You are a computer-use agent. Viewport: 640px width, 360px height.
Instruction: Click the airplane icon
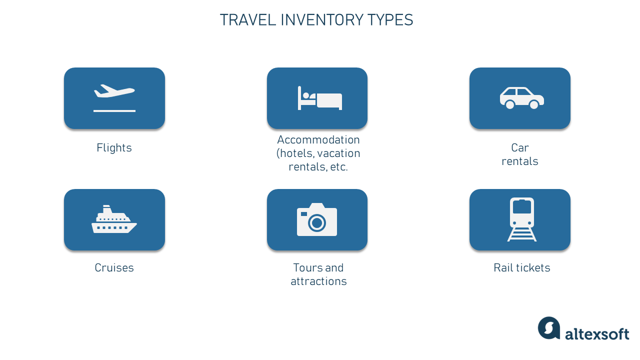pos(114,91)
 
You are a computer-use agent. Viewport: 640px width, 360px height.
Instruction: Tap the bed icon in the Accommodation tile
pos(320,98)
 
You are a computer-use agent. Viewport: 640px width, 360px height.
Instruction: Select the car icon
pos(521,98)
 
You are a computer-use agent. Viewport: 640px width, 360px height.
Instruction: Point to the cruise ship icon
pos(114,219)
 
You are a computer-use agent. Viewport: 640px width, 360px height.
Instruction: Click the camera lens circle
pos(316,222)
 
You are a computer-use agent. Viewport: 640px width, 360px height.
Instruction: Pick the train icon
pos(522,219)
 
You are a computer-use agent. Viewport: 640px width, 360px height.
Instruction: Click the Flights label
pos(114,148)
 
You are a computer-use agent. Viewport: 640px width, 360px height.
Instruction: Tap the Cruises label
pos(114,268)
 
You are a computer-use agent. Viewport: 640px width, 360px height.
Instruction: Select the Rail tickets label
pos(521,268)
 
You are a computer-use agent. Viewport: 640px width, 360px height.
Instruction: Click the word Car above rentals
pos(520,148)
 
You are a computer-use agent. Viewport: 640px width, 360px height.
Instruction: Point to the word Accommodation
pos(318,139)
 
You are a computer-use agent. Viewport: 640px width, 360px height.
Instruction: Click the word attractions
pos(318,281)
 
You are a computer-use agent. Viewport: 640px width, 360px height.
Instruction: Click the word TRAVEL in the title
pos(248,20)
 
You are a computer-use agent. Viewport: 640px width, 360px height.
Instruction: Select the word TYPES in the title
pos(390,20)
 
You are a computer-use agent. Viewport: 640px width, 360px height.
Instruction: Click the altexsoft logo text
pos(597,333)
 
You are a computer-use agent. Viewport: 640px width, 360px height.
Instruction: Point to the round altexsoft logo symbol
pos(549,328)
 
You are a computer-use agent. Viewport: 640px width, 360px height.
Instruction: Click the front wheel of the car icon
pos(534,104)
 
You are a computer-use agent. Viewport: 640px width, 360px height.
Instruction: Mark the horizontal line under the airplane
pos(114,111)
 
